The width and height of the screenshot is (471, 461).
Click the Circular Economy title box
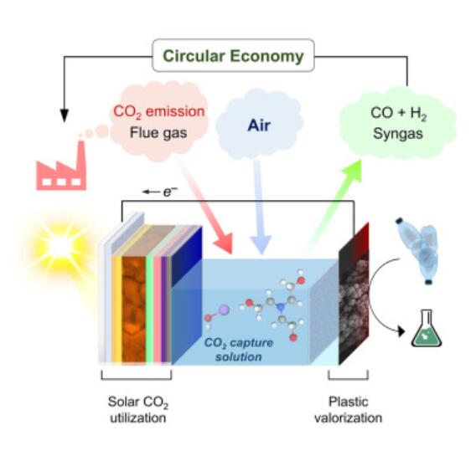click(233, 55)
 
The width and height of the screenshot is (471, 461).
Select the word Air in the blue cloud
click(259, 125)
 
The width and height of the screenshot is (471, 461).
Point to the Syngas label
click(398, 134)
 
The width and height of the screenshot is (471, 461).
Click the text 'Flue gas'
click(158, 132)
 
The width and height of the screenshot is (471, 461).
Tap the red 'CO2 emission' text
click(159, 111)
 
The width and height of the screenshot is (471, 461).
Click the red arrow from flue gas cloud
click(207, 206)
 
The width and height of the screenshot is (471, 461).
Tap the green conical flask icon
click(426, 329)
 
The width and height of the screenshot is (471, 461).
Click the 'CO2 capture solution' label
click(239, 350)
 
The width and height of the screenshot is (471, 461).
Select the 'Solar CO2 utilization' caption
click(138, 409)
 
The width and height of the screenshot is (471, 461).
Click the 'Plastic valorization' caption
click(348, 409)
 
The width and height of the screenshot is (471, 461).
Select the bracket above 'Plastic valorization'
click(348, 376)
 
